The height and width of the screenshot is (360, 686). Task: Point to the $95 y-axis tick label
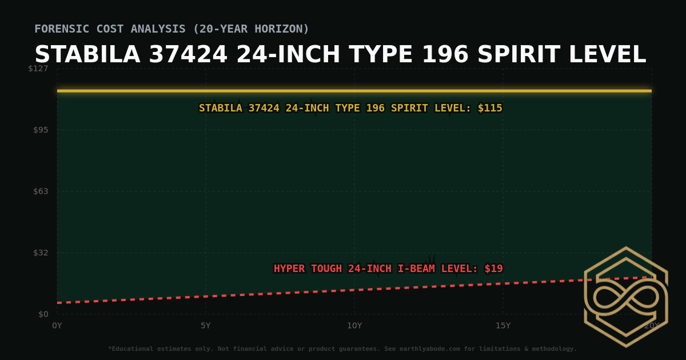point(41,130)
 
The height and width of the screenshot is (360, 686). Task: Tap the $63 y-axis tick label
point(41,191)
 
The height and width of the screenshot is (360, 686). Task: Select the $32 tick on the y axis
point(41,253)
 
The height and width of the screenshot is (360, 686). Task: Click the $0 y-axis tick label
point(43,314)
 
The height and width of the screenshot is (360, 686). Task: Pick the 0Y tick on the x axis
point(57,326)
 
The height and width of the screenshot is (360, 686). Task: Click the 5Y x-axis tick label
point(206,326)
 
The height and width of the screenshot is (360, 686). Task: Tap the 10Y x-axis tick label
point(354,326)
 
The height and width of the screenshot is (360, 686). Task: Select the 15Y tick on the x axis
point(503,326)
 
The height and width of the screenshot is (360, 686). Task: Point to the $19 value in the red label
point(493,269)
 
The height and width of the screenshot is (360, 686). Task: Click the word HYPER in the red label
point(289,269)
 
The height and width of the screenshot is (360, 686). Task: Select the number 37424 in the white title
point(188,55)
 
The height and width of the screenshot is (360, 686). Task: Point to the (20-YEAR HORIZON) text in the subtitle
point(254,29)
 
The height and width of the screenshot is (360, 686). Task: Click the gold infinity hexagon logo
point(625,297)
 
